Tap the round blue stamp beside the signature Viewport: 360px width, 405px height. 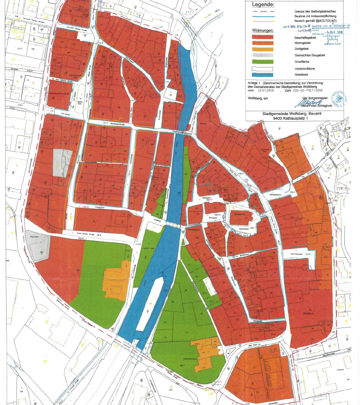tap(338, 98)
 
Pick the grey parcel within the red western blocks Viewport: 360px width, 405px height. tap(63, 164)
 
